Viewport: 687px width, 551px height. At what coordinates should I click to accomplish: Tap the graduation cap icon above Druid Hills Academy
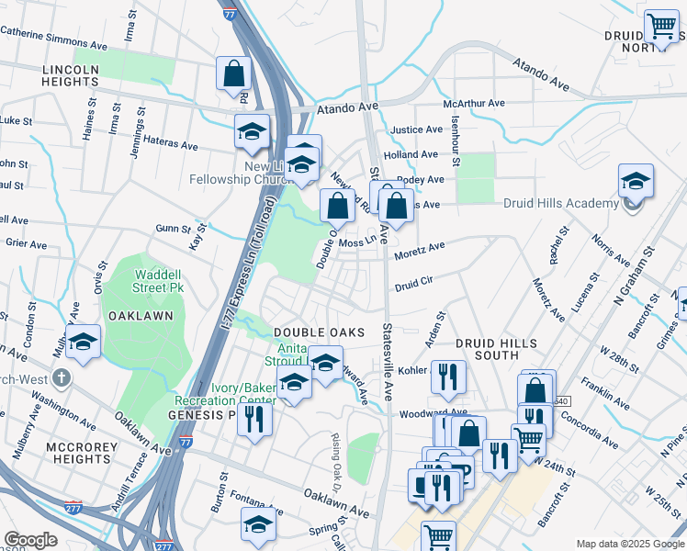pos(636,183)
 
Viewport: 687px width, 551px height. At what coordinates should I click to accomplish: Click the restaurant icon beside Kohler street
pos(448,376)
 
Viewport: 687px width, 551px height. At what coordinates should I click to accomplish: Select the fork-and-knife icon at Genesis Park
pos(254,420)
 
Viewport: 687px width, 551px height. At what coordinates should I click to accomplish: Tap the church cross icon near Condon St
pos(61,377)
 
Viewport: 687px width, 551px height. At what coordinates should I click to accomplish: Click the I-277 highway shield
pos(73,507)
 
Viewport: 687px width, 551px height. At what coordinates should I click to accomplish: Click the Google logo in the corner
pos(30,540)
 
